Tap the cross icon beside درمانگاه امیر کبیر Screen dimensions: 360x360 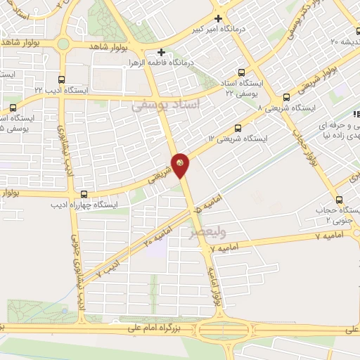(218, 19)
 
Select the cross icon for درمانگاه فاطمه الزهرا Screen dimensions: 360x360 (162, 52)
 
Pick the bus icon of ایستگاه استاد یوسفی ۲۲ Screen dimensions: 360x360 (242, 72)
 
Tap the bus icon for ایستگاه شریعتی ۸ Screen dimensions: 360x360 (286, 98)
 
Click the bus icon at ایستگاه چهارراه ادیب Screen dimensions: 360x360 (84, 194)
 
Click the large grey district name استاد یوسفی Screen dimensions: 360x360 (166, 104)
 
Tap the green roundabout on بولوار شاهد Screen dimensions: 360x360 (63, 44)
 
